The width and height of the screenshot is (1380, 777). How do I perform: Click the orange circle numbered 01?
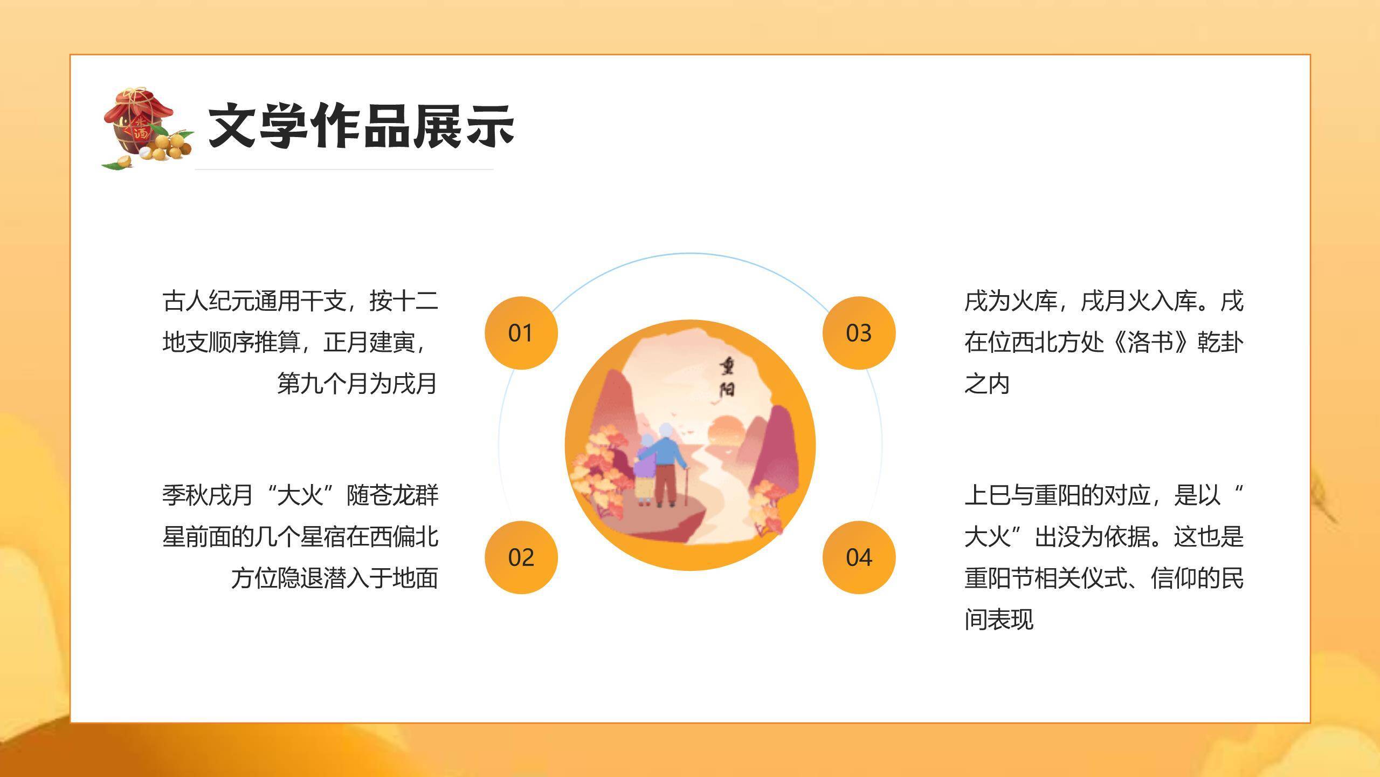click(x=521, y=333)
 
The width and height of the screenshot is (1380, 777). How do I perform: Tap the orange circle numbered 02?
click(x=521, y=557)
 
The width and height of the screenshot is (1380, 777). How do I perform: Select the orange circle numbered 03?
click(x=859, y=333)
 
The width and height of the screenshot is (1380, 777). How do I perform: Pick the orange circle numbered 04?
click(x=859, y=557)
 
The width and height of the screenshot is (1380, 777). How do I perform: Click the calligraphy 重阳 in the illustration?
click(x=726, y=377)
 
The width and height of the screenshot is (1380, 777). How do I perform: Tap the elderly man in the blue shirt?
click(x=666, y=464)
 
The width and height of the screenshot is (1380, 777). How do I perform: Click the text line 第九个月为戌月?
click(x=356, y=384)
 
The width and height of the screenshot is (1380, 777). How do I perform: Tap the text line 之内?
click(x=986, y=384)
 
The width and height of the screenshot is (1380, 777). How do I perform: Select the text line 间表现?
click(x=998, y=619)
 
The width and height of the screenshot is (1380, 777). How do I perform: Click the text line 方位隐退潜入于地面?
click(x=334, y=578)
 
